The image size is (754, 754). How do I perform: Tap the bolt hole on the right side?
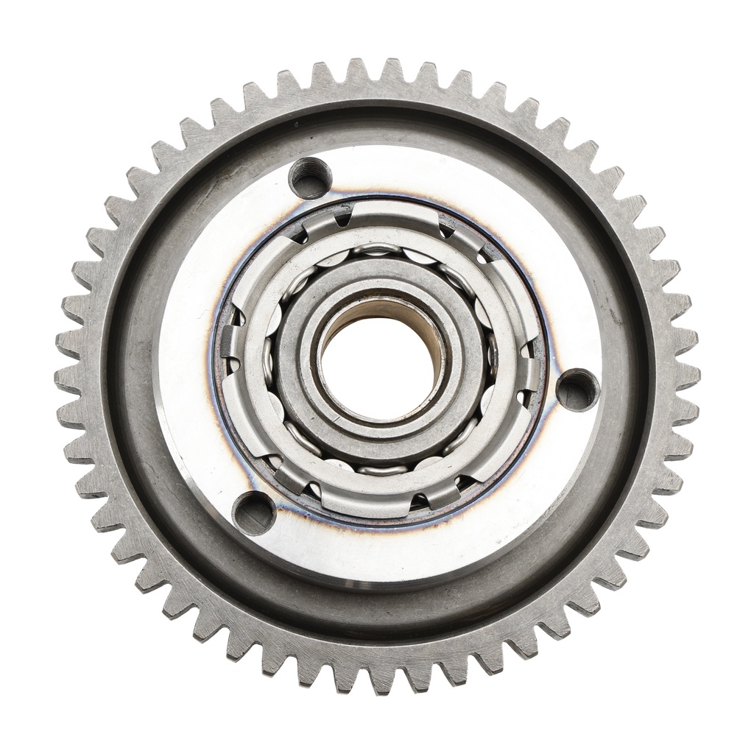pos(577,389)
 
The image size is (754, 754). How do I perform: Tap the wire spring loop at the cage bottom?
pos(377,469)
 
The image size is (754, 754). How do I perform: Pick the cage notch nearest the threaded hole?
pos(343,218)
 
